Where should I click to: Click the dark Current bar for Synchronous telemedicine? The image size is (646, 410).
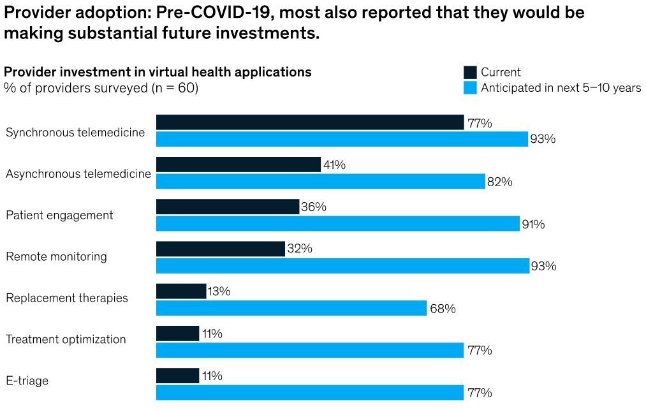(310, 122)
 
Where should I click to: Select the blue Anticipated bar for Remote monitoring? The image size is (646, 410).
(342, 266)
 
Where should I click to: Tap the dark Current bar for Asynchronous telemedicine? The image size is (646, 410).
(238, 165)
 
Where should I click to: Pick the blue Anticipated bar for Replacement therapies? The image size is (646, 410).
(291, 308)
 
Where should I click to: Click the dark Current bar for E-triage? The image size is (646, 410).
(177, 376)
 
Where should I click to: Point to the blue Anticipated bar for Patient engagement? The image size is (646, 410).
(338, 224)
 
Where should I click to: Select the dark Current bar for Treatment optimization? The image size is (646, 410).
(177, 333)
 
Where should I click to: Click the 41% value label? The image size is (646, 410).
(334, 165)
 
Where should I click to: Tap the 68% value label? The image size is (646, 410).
(443, 309)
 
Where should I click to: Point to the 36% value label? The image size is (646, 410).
(313, 207)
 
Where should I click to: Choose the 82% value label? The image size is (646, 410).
(500, 182)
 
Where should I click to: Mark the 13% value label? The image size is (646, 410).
(219, 291)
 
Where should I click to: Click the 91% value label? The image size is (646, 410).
(533, 224)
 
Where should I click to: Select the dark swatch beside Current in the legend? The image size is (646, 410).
(470, 72)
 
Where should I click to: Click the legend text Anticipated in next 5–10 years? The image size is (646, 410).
(561, 88)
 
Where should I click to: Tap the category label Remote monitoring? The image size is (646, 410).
(56, 256)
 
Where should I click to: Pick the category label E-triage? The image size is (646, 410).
(27, 381)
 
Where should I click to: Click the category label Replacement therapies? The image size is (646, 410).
(67, 298)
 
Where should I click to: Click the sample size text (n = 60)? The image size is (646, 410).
(175, 88)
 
